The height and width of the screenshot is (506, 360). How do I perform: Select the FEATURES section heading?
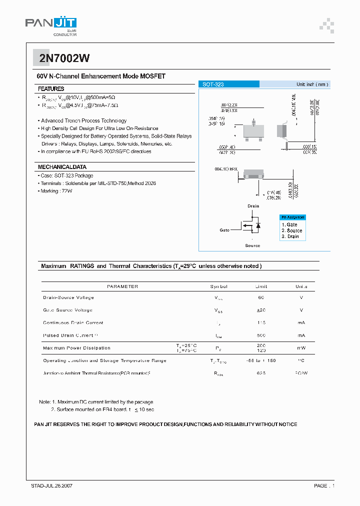tap(51, 88)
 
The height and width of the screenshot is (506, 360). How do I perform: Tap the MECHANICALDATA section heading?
tap(62, 166)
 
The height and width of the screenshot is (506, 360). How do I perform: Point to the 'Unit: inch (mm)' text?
tap(312, 84)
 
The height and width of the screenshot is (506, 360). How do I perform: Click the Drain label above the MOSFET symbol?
tap(253, 206)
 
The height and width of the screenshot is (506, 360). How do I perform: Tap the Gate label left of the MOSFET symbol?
tap(224, 230)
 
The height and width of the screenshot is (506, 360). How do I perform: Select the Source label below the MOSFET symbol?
tap(252, 245)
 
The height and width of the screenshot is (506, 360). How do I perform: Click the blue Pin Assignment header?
tap(292, 217)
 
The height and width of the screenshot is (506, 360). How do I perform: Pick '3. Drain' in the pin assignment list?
tap(290, 236)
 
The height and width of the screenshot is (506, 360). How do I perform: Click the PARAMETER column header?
tap(122, 286)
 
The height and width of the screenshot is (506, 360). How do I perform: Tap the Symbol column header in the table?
tap(219, 286)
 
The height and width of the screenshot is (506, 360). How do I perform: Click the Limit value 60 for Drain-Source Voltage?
tap(261, 297)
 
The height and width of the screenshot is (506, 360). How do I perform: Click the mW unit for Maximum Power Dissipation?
tap(301, 348)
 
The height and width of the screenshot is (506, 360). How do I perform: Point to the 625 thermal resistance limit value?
tap(261, 373)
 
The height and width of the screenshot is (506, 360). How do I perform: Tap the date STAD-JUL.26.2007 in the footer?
tap(52, 485)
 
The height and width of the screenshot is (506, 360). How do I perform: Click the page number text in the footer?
tap(324, 485)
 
